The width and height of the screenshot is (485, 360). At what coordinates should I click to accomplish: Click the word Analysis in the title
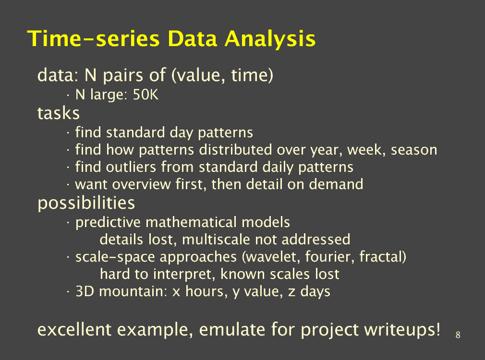270,39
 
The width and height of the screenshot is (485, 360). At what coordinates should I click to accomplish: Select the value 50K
145,95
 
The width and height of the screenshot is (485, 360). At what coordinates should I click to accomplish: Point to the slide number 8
458,335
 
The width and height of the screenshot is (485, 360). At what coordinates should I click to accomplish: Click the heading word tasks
59,113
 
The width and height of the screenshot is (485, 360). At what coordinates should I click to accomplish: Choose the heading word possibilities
86,204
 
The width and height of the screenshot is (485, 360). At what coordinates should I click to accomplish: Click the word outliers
131,167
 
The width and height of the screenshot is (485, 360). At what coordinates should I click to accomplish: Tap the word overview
141,185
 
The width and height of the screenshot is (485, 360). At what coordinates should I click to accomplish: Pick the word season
414,150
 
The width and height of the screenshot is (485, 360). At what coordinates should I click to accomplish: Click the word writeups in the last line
402,330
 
